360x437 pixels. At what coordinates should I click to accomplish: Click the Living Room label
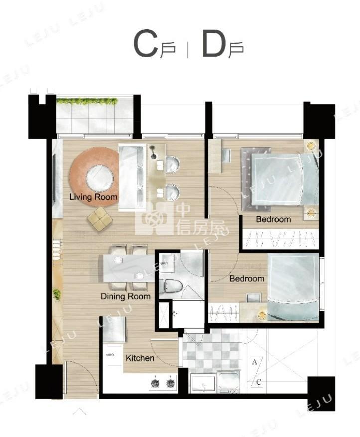[x=93, y=197]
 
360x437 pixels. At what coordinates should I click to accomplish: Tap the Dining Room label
[x=126, y=296]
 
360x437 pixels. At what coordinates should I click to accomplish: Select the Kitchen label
[x=140, y=358]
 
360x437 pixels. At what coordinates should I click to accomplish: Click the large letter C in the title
[x=145, y=44]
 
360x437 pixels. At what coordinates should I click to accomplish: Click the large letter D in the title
[x=214, y=44]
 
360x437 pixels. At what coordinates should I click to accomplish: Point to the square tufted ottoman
[x=100, y=219]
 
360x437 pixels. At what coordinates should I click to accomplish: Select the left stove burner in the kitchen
[x=155, y=383]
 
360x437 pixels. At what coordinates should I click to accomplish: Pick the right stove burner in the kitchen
[x=170, y=383]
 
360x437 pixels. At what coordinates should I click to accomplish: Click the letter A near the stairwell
[x=254, y=362]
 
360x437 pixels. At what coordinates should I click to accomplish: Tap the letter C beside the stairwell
[x=258, y=382]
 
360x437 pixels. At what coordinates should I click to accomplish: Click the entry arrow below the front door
[x=80, y=411]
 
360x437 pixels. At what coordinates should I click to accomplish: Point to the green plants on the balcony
[x=87, y=101]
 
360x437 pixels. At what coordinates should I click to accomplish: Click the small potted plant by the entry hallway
[x=57, y=294]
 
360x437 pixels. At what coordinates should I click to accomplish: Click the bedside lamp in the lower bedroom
[x=262, y=315]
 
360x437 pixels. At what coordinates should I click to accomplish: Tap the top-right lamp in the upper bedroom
[x=311, y=146]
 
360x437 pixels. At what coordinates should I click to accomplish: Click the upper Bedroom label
[x=273, y=219]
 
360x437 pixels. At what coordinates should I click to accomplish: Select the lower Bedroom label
[x=247, y=278]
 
